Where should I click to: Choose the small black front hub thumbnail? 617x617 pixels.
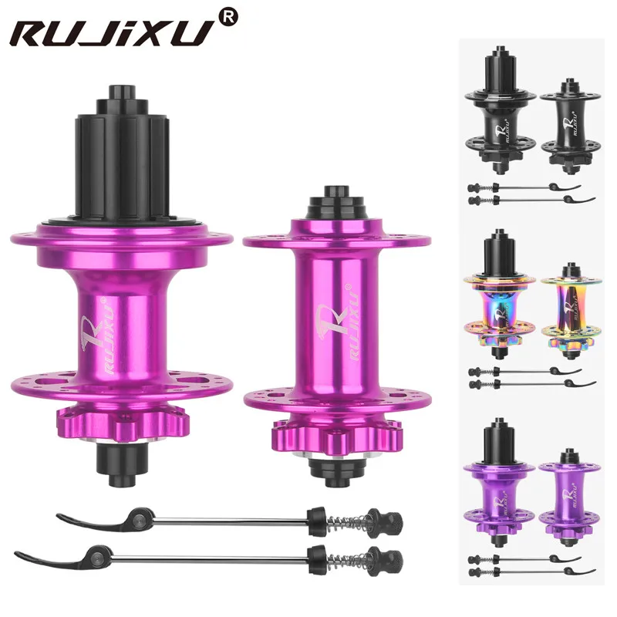pyautogui.click(x=569, y=123)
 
